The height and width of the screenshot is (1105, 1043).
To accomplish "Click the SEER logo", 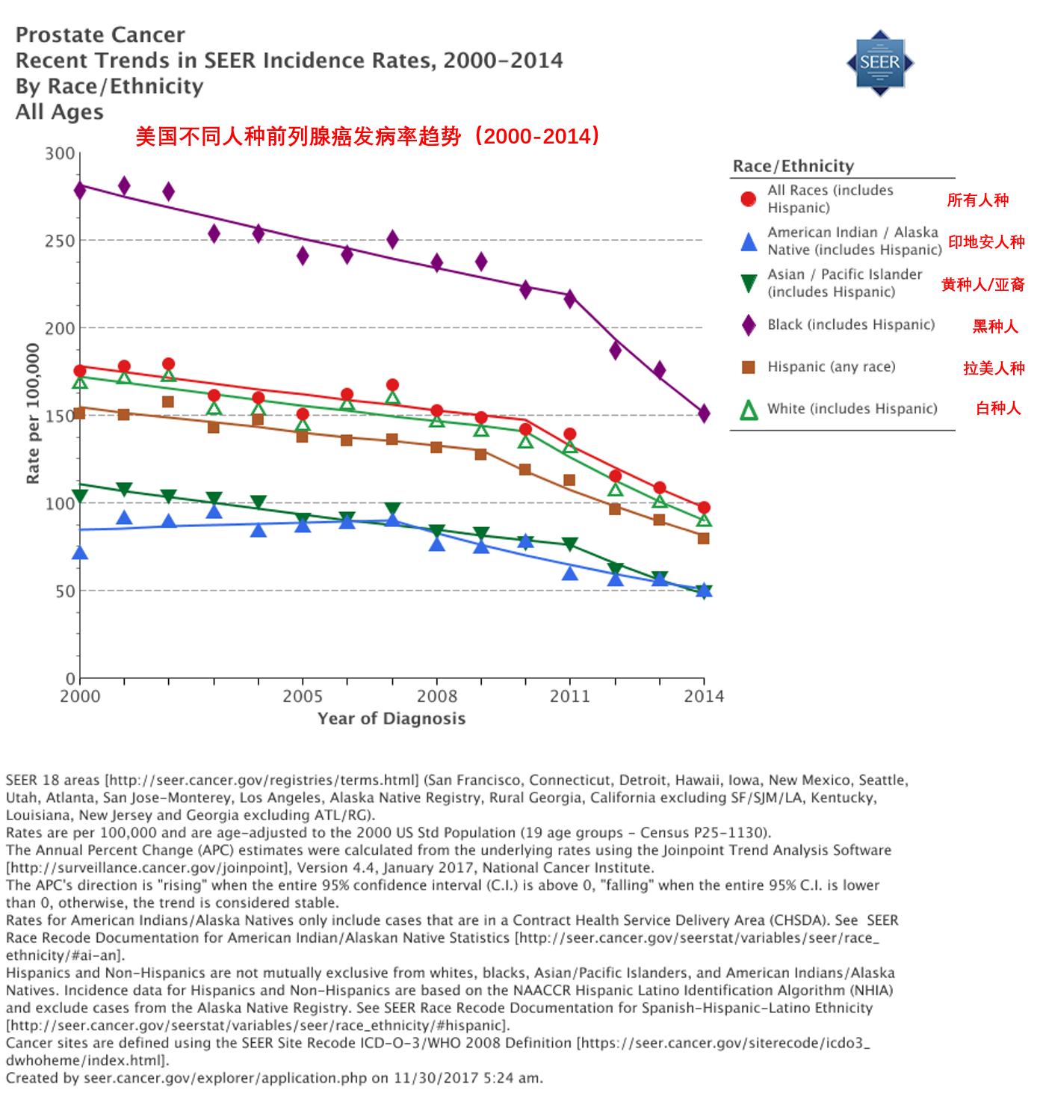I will [x=879, y=63].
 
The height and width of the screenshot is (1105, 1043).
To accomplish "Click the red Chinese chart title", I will [x=368, y=136].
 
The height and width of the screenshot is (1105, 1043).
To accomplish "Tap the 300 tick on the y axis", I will [x=60, y=154].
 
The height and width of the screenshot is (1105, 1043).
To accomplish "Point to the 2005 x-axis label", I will [x=303, y=697].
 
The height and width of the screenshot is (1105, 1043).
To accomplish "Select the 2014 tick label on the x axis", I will [x=704, y=697].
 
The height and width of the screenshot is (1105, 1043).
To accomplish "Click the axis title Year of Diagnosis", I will [x=391, y=719].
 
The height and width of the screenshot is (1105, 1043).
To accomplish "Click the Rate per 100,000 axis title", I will [x=33, y=413].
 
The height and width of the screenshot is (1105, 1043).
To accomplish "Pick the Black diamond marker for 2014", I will [x=704, y=413].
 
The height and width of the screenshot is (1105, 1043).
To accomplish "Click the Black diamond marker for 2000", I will [x=80, y=190].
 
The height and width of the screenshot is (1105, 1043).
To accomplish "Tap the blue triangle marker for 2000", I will [x=80, y=553].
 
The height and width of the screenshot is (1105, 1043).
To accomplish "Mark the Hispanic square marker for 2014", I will [x=703, y=538].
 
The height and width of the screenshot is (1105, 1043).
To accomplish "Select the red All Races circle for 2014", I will [x=704, y=508].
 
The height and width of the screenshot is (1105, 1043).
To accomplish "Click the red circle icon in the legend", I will [x=748, y=199].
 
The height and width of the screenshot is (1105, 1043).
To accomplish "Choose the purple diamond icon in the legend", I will [x=748, y=325].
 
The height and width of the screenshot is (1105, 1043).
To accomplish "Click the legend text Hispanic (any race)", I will [x=832, y=367].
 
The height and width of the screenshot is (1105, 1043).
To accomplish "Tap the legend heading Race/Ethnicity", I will [x=793, y=166].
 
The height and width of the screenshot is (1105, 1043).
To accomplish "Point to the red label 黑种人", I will [x=995, y=327].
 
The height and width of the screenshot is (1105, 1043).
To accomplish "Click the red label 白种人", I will [x=998, y=408].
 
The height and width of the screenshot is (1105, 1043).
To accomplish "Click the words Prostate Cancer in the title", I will [x=100, y=35].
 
